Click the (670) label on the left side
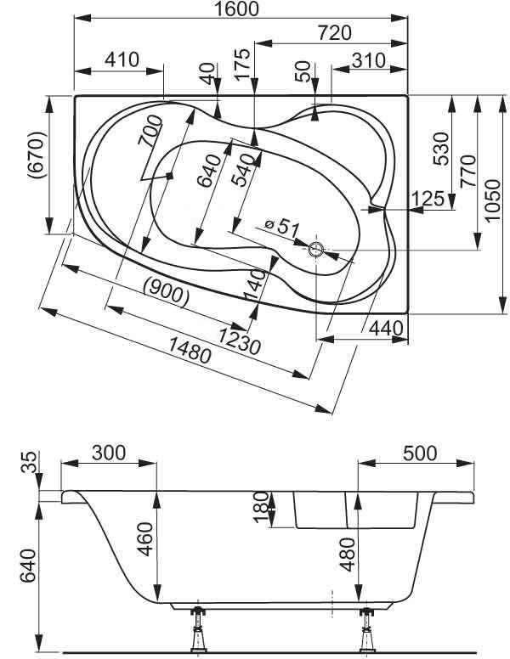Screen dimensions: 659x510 [x=35, y=155]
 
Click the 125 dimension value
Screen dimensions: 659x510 [x=428, y=199]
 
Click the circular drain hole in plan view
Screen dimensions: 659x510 [x=316, y=250]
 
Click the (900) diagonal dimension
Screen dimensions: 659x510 [x=162, y=293]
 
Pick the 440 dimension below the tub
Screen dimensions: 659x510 [x=384, y=328]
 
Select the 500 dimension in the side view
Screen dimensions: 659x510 [x=416, y=453]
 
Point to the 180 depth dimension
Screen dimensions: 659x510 [x=262, y=508]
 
